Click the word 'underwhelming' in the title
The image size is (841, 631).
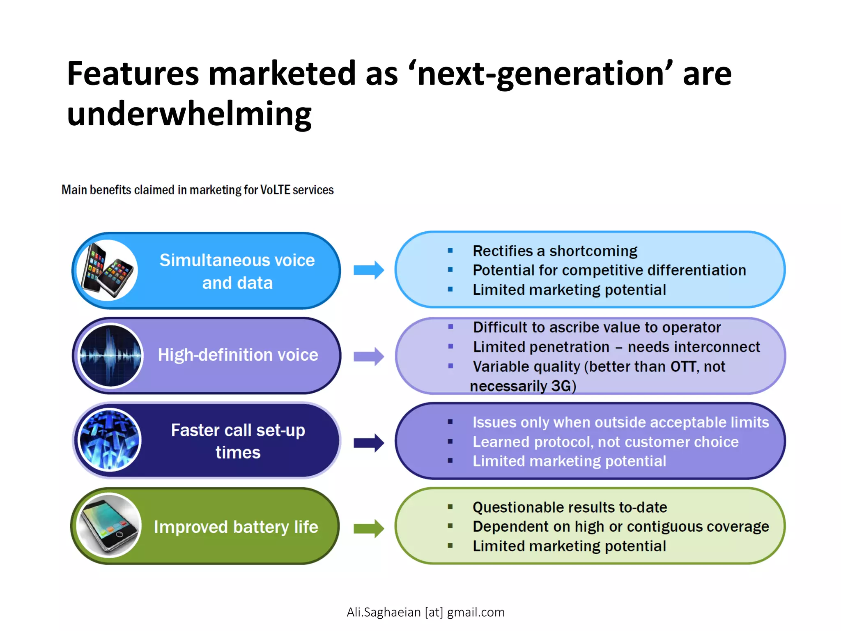(189, 114)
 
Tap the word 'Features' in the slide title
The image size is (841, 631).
(133, 74)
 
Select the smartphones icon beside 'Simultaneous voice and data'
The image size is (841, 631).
(107, 270)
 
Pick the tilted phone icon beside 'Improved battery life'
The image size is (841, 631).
(109, 525)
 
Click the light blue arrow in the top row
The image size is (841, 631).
(368, 270)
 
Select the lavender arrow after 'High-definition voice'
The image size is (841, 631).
(368, 356)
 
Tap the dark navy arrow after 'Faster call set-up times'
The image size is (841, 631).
(368, 443)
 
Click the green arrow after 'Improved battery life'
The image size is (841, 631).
(368, 528)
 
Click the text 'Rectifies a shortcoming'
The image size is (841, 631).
(555, 251)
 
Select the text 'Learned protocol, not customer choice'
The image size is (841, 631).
(605, 442)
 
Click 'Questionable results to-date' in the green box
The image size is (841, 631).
(570, 507)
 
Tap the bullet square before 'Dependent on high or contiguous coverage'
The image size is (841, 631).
(450, 526)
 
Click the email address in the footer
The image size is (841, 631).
(425, 612)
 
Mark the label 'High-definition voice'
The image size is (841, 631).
(238, 355)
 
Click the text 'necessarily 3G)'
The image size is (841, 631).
(523, 386)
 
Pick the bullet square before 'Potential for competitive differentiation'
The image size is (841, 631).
(450, 270)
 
